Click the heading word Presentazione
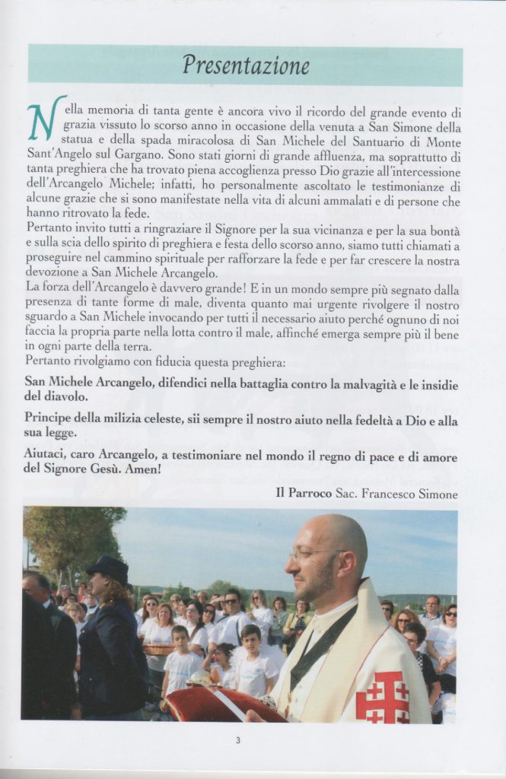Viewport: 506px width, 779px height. click(x=245, y=65)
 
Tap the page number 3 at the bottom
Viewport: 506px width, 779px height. click(x=237, y=739)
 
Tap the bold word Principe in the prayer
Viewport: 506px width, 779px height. click(x=49, y=420)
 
